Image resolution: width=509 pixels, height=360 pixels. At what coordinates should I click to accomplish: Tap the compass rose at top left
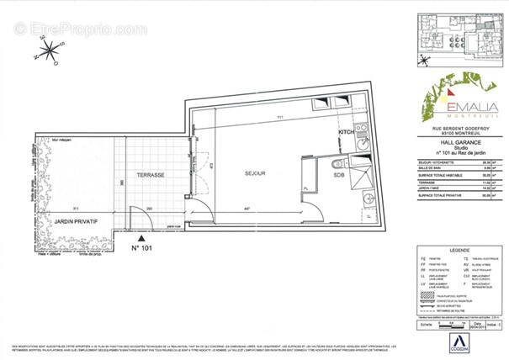tap(49, 55)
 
